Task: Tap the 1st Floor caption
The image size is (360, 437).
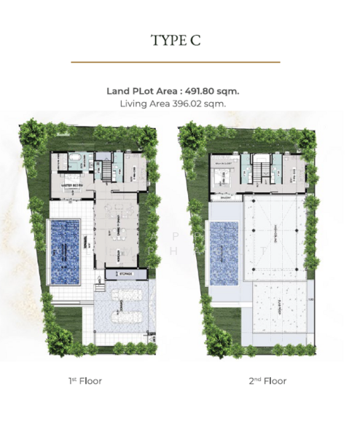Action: tap(84, 380)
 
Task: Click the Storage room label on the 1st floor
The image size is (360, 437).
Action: tap(121, 274)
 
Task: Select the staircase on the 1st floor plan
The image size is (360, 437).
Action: tap(108, 170)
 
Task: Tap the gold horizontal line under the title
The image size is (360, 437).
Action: tap(175, 63)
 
